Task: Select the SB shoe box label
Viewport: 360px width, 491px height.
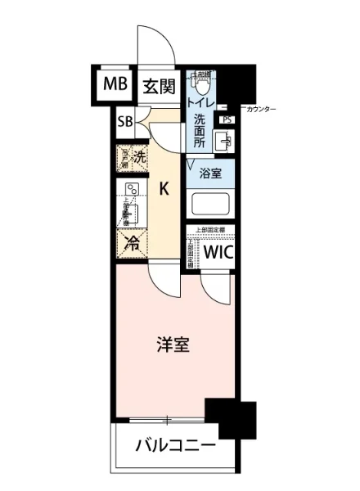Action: coord(126,122)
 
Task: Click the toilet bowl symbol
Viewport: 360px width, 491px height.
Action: coord(200,83)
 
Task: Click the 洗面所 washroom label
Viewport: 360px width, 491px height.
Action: coord(199,131)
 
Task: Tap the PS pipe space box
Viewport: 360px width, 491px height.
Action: coord(227,120)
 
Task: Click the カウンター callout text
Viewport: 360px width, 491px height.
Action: coord(259,109)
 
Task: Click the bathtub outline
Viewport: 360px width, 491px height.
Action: coord(211,202)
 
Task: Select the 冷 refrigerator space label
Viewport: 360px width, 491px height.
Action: coord(131,242)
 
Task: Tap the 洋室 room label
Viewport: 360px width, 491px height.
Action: coord(173,345)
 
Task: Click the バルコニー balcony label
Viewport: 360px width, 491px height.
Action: coord(175,448)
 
